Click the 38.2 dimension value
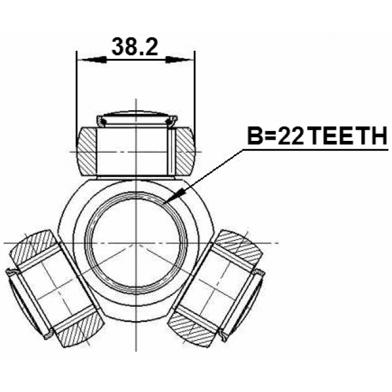coord(135,47)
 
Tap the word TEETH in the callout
coord(348,135)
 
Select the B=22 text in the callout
coord(276,135)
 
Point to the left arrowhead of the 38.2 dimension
coord(92,60)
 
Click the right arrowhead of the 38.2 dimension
coord(179,60)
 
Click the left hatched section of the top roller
coord(86,151)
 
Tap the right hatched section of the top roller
coord(185,151)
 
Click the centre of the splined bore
coord(136,243)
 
